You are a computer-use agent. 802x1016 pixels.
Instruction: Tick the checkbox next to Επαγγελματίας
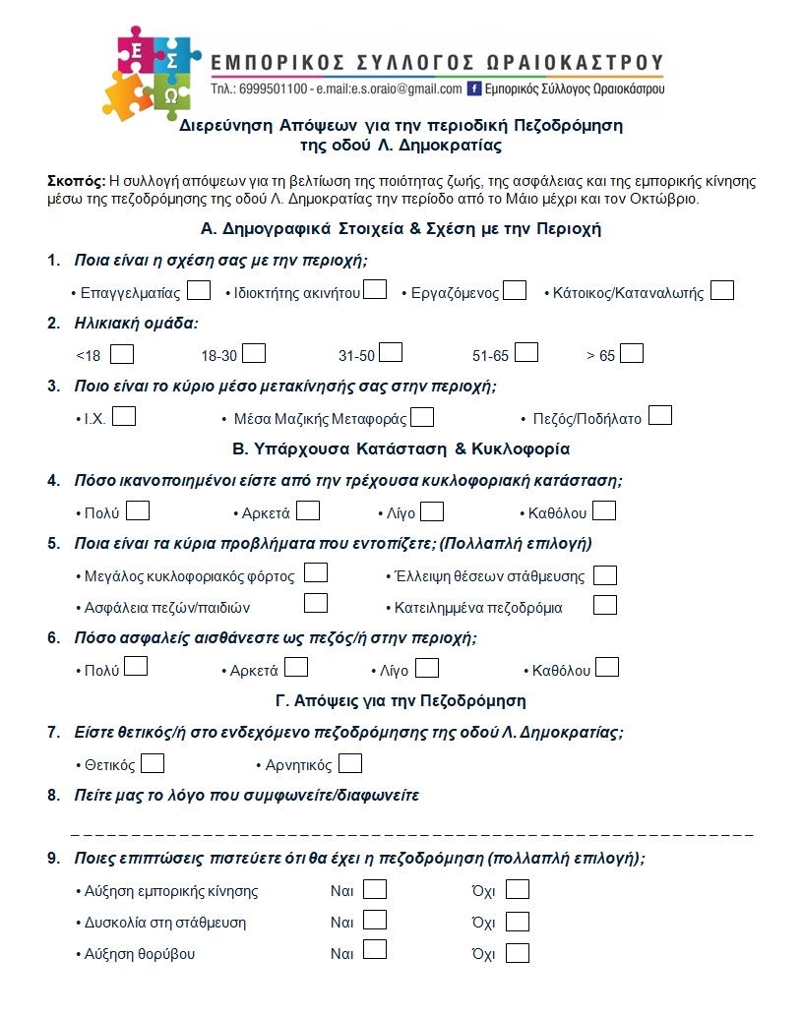[199, 291]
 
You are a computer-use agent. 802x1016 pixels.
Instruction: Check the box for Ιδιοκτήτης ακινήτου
[374, 290]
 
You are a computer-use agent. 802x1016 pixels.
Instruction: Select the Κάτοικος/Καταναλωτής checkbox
[722, 291]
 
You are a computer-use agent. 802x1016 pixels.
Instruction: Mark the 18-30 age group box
[254, 353]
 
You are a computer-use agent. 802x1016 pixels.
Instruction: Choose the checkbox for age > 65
[632, 353]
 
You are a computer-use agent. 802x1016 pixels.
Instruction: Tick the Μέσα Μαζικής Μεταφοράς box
[422, 417]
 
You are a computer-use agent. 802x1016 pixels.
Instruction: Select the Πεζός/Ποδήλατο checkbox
[660, 416]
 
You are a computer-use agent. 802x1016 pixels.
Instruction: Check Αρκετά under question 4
[308, 511]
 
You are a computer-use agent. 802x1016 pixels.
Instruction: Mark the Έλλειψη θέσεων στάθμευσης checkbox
[605, 575]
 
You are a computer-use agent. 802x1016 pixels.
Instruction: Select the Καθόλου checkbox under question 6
[607, 669]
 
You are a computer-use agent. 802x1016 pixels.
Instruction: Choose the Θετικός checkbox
[153, 763]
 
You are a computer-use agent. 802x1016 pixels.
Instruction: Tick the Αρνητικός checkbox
[350, 763]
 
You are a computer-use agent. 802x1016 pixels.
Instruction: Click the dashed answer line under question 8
[413, 834]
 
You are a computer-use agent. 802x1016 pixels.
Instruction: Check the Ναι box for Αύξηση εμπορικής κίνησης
[375, 890]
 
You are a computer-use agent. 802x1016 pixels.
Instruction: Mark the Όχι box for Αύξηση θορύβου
[518, 953]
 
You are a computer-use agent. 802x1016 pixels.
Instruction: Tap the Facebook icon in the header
[474, 89]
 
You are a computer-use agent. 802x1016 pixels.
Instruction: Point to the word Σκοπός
[75, 181]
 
